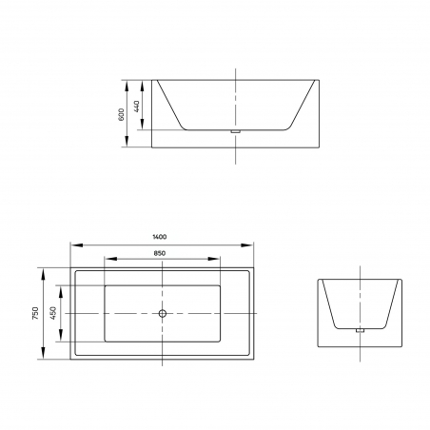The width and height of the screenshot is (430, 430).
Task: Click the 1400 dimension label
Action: [160, 237]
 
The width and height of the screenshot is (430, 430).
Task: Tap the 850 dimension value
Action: [160, 253]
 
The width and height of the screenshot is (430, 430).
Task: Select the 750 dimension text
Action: [35, 313]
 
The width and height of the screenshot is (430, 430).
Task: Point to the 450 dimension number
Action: [53, 313]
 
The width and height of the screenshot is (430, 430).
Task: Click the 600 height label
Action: [121, 114]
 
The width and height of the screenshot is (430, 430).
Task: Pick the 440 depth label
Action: [136, 107]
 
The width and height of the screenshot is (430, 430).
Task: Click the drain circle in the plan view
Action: [163, 314]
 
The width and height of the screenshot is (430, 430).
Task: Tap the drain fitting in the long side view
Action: [235, 131]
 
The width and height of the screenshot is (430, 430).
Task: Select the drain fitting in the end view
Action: [360, 330]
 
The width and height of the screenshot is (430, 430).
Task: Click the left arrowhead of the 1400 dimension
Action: [77, 245]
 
